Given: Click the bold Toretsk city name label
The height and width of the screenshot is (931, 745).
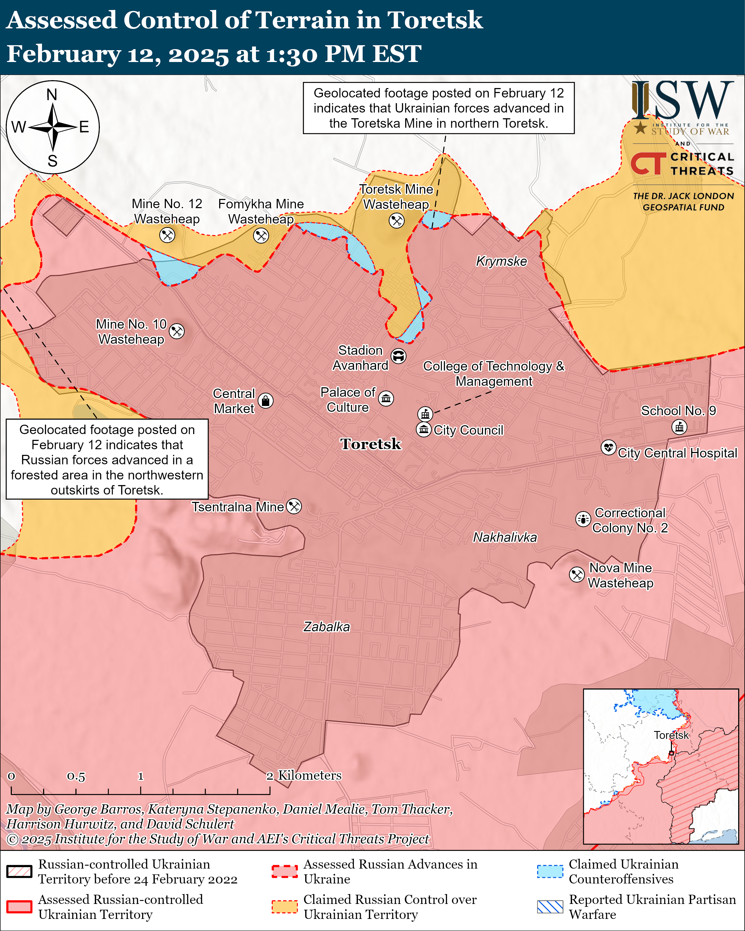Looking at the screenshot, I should pos(371,444).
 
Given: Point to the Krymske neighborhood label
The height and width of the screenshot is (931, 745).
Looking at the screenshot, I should pos(501,261).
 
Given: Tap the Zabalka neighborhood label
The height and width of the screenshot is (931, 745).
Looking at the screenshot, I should pos(326,626).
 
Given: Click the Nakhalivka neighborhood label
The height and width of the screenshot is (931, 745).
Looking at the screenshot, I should pos(505,537).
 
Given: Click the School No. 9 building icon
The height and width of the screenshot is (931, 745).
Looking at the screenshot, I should pos(679,427).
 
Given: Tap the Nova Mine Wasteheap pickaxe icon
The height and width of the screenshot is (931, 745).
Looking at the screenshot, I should pos(577,574).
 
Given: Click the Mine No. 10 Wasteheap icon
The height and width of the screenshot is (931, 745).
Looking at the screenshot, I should pos(177,331).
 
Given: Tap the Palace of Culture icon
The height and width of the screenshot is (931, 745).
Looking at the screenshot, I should pos(386,398).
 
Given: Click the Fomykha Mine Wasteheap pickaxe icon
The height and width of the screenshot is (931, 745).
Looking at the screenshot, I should pos(261,236).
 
